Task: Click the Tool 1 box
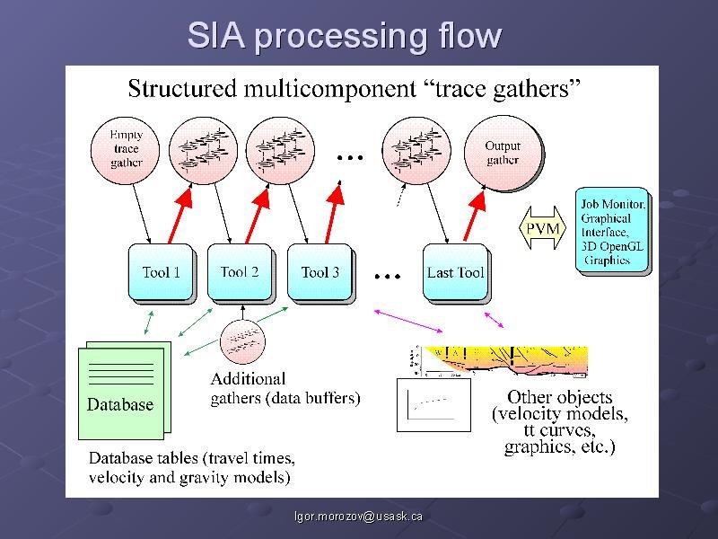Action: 162,271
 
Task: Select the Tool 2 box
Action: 240,271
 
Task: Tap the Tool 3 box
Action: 320,271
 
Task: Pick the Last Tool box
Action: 456,272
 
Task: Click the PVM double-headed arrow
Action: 542,229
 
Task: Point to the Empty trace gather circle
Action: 127,149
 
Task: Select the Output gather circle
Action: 503,153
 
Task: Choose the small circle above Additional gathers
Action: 243,340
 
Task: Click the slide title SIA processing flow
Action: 344,37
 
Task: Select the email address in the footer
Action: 360,517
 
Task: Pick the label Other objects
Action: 559,397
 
